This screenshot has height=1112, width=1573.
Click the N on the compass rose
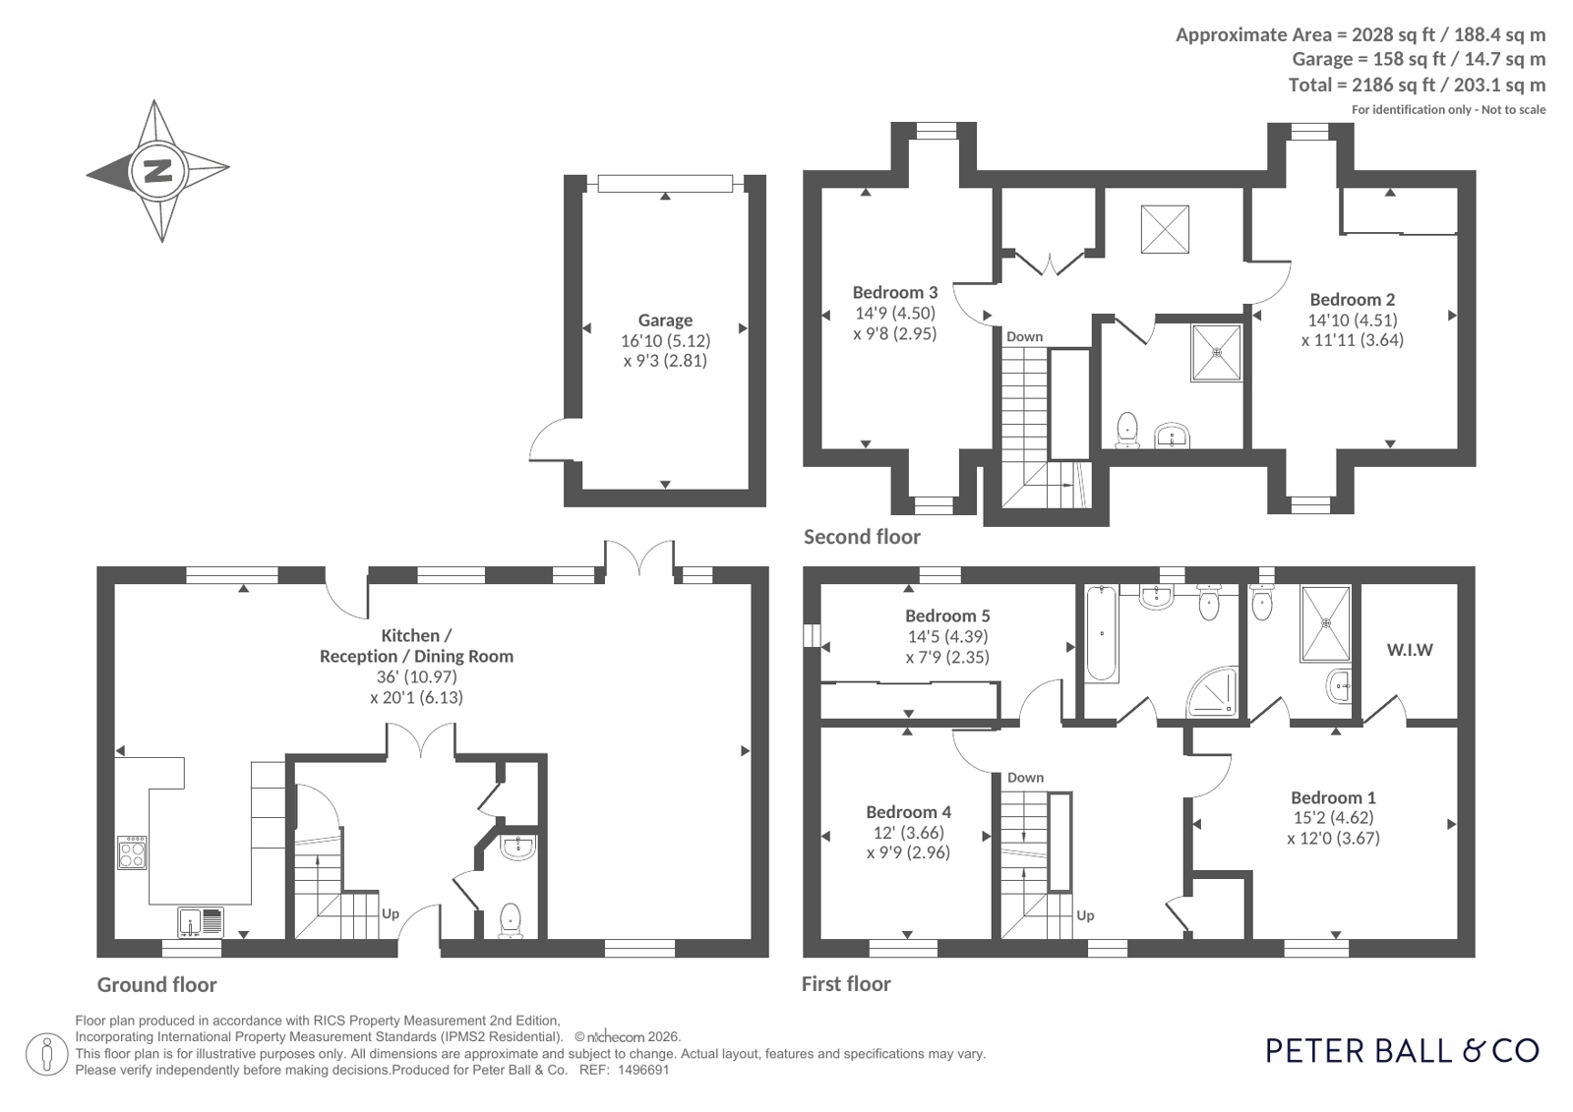158,171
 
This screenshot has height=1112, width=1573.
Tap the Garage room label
665,321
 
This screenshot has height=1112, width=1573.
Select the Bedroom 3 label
894,292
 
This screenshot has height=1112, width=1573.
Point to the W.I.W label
1410,649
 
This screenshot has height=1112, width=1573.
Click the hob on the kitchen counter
132,852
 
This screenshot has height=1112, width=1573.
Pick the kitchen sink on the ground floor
201,922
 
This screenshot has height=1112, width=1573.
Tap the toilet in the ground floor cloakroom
511,920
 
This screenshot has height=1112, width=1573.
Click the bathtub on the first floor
1101,634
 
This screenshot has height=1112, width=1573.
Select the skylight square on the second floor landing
1165,229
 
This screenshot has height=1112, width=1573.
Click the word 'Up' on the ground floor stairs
391,913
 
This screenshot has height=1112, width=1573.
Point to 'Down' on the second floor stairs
1024,336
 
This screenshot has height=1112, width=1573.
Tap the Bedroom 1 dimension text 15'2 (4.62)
1334,817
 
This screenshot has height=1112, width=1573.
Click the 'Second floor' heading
862,537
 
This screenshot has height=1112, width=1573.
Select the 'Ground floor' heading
156,984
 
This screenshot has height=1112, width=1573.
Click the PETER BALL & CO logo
1402,1050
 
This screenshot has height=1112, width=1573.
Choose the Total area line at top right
1417,85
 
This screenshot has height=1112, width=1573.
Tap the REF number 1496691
642,1070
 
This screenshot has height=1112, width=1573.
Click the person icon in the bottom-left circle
47,1054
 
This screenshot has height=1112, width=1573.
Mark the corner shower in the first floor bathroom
1212,691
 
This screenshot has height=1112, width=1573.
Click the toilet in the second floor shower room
1127,430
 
